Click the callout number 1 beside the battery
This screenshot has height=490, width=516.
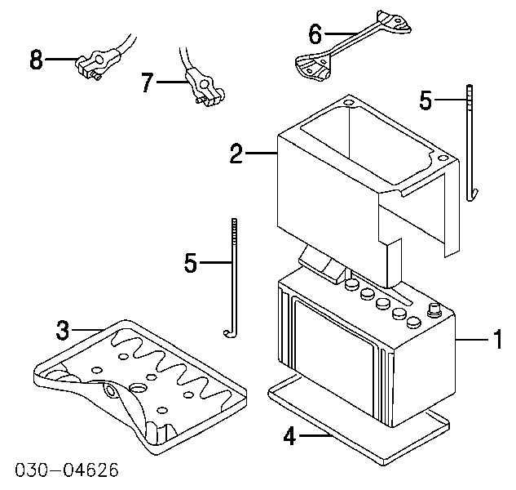tap(498, 339)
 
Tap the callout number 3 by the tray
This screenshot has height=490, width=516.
tap(63, 330)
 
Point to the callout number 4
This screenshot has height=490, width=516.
tap(289, 436)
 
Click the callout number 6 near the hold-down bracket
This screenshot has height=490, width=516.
tap(315, 33)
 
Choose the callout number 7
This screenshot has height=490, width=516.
tap(148, 82)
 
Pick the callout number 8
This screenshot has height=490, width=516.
tap(36, 60)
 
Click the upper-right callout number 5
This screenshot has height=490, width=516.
tap(426, 100)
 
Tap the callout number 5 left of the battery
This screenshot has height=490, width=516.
tap(191, 262)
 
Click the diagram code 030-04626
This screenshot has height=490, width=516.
tap(67, 470)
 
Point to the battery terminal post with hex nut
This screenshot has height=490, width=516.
tap(434, 310)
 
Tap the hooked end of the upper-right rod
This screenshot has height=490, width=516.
tap(473, 194)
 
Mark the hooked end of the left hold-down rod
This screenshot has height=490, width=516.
tap(230, 334)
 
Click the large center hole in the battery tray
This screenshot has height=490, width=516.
tap(139, 388)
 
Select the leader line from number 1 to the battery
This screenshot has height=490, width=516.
tap(473, 339)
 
